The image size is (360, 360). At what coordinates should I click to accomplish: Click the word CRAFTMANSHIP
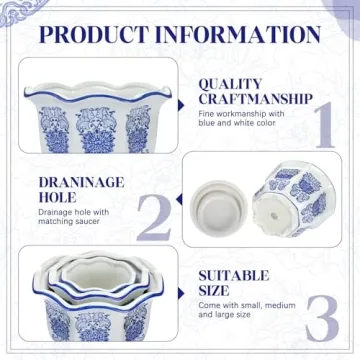253,101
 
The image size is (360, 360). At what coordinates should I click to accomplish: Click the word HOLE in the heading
59,199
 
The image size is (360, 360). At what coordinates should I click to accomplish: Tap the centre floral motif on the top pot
98,127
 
